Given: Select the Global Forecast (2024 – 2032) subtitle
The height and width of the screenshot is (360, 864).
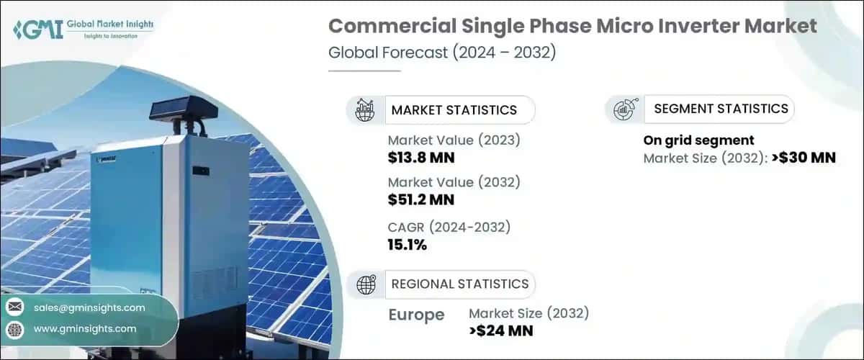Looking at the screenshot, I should (x=441, y=54).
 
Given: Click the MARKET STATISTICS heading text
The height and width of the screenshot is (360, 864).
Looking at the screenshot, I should (x=454, y=110).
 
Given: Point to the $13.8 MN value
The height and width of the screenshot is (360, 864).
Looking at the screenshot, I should (x=421, y=158).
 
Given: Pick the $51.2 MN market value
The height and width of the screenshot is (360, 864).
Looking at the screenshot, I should (x=421, y=199).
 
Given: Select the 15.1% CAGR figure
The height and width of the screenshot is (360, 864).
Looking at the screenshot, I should (x=408, y=245).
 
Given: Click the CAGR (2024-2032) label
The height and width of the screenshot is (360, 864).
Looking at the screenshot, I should (x=449, y=228).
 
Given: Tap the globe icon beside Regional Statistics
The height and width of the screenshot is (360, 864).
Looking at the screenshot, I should (x=366, y=284).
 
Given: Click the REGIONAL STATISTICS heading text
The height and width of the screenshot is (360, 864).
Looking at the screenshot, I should (x=459, y=284).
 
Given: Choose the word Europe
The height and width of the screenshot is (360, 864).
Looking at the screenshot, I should (x=416, y=315).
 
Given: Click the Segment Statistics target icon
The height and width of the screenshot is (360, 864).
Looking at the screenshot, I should (x=623, y=109).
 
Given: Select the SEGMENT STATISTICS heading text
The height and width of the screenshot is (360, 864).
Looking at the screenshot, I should (x=721, y=109).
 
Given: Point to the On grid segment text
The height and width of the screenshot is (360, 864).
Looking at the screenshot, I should (x=698, y=140).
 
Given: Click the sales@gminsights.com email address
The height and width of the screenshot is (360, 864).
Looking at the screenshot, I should (x=89, y=307).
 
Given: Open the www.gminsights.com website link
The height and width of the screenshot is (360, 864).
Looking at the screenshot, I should (x=85, y=329).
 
